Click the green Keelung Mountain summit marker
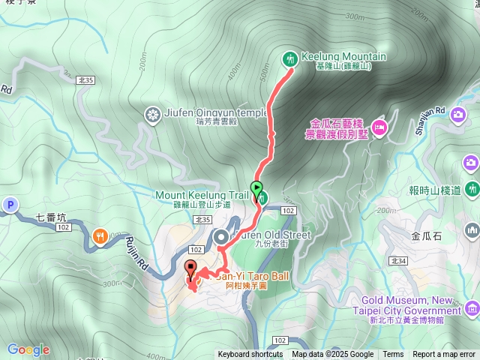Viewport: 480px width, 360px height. pos(289,59)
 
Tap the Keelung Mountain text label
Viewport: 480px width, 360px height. pos(343,56)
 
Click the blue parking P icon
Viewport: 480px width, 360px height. pos(10,205)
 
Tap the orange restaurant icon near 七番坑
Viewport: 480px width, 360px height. pos(100,238)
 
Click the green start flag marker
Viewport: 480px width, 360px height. pos(257,188)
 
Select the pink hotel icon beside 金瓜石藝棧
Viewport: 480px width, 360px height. pos(379,127)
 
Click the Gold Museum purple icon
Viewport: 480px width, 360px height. pos(472,308)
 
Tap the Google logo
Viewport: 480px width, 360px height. pos(28,349)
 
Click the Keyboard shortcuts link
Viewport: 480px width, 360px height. pos(250,355)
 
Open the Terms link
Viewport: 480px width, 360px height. pos(393,355)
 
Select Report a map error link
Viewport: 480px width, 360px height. pos(444,355)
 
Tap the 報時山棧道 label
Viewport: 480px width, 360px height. pos(435,190)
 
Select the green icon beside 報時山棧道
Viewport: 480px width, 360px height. pos(472,188)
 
